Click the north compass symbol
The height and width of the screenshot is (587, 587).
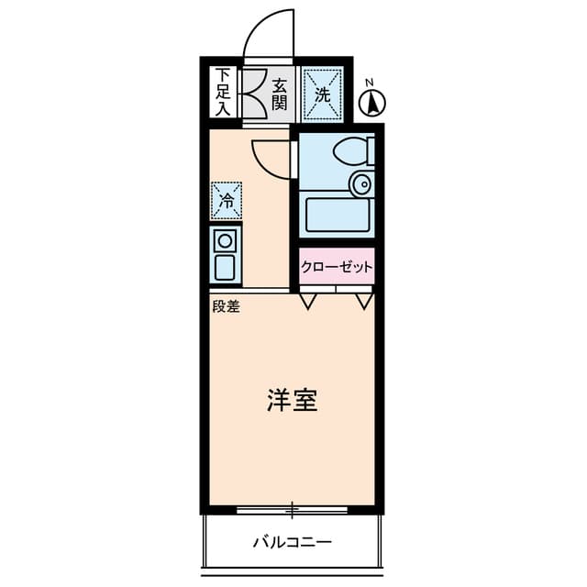click(374, 104)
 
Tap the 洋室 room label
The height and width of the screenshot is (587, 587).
click(292, 401)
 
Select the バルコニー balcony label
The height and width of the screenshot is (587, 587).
click(293, 541)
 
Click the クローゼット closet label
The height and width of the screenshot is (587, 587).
click(337, 268)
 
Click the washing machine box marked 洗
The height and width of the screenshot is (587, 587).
click(322, 94)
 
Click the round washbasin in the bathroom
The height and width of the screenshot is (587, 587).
click(363, 184)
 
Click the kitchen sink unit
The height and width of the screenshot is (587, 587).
click(225, 256)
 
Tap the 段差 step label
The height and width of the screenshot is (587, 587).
click(226, 307)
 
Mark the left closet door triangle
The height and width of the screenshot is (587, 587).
click(309, 300)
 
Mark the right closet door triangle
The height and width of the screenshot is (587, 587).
click(364, 300)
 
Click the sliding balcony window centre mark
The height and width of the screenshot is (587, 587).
click(292, 507)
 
